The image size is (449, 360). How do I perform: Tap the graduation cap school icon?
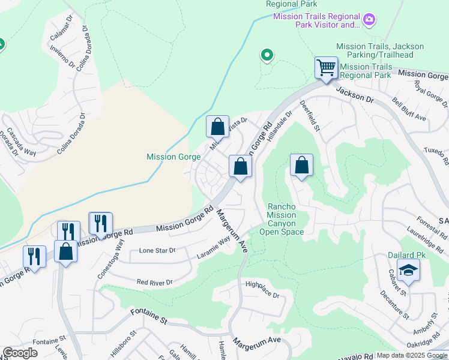(408, 271)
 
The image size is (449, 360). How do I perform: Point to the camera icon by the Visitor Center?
(369, 20)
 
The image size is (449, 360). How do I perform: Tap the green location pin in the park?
(267, 56)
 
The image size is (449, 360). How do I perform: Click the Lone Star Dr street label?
(157, 250)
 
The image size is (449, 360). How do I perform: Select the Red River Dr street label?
(154, 282)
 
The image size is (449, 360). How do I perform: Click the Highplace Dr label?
(262, 289)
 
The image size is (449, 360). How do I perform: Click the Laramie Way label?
(214, 248)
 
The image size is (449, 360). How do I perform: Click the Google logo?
(20, 353)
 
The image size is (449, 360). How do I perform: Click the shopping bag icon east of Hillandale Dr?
(301, 165)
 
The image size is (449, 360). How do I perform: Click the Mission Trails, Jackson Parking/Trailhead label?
(380, 50)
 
